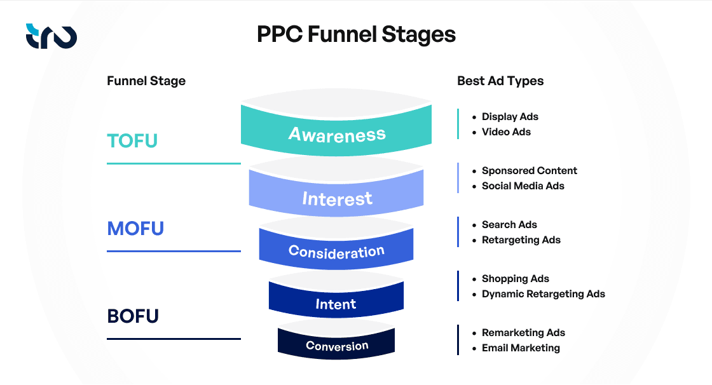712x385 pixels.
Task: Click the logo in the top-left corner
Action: click(51, 36)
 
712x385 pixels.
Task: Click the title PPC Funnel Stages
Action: click(356, 34)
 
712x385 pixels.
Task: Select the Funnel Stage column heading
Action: click(146, 81)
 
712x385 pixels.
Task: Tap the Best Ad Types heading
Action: click(500, 81)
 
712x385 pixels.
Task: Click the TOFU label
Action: click(132, 141)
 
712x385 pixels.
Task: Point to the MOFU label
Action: click(135, 228)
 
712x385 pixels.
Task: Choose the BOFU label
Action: click(133, 316)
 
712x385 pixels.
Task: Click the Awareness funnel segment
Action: click(336, 134)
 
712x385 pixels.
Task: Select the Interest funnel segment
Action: click(336, 199)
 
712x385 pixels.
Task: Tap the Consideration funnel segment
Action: click(336, 252)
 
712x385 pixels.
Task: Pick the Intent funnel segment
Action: click(336, 304)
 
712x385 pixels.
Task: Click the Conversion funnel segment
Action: click(336, 346)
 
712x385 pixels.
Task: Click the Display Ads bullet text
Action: click(510, 117)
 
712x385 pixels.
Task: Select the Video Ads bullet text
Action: click(506, 132)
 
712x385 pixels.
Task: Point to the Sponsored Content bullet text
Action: click(529, 171)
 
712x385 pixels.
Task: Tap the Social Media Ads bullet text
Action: click(523, 186)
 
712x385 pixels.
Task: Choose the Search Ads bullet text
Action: click(509, 225)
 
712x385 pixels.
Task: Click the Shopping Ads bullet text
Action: click(515, 279)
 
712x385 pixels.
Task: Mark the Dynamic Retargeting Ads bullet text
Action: click(543, 294)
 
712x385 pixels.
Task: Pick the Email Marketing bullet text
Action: click(521, 348)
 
